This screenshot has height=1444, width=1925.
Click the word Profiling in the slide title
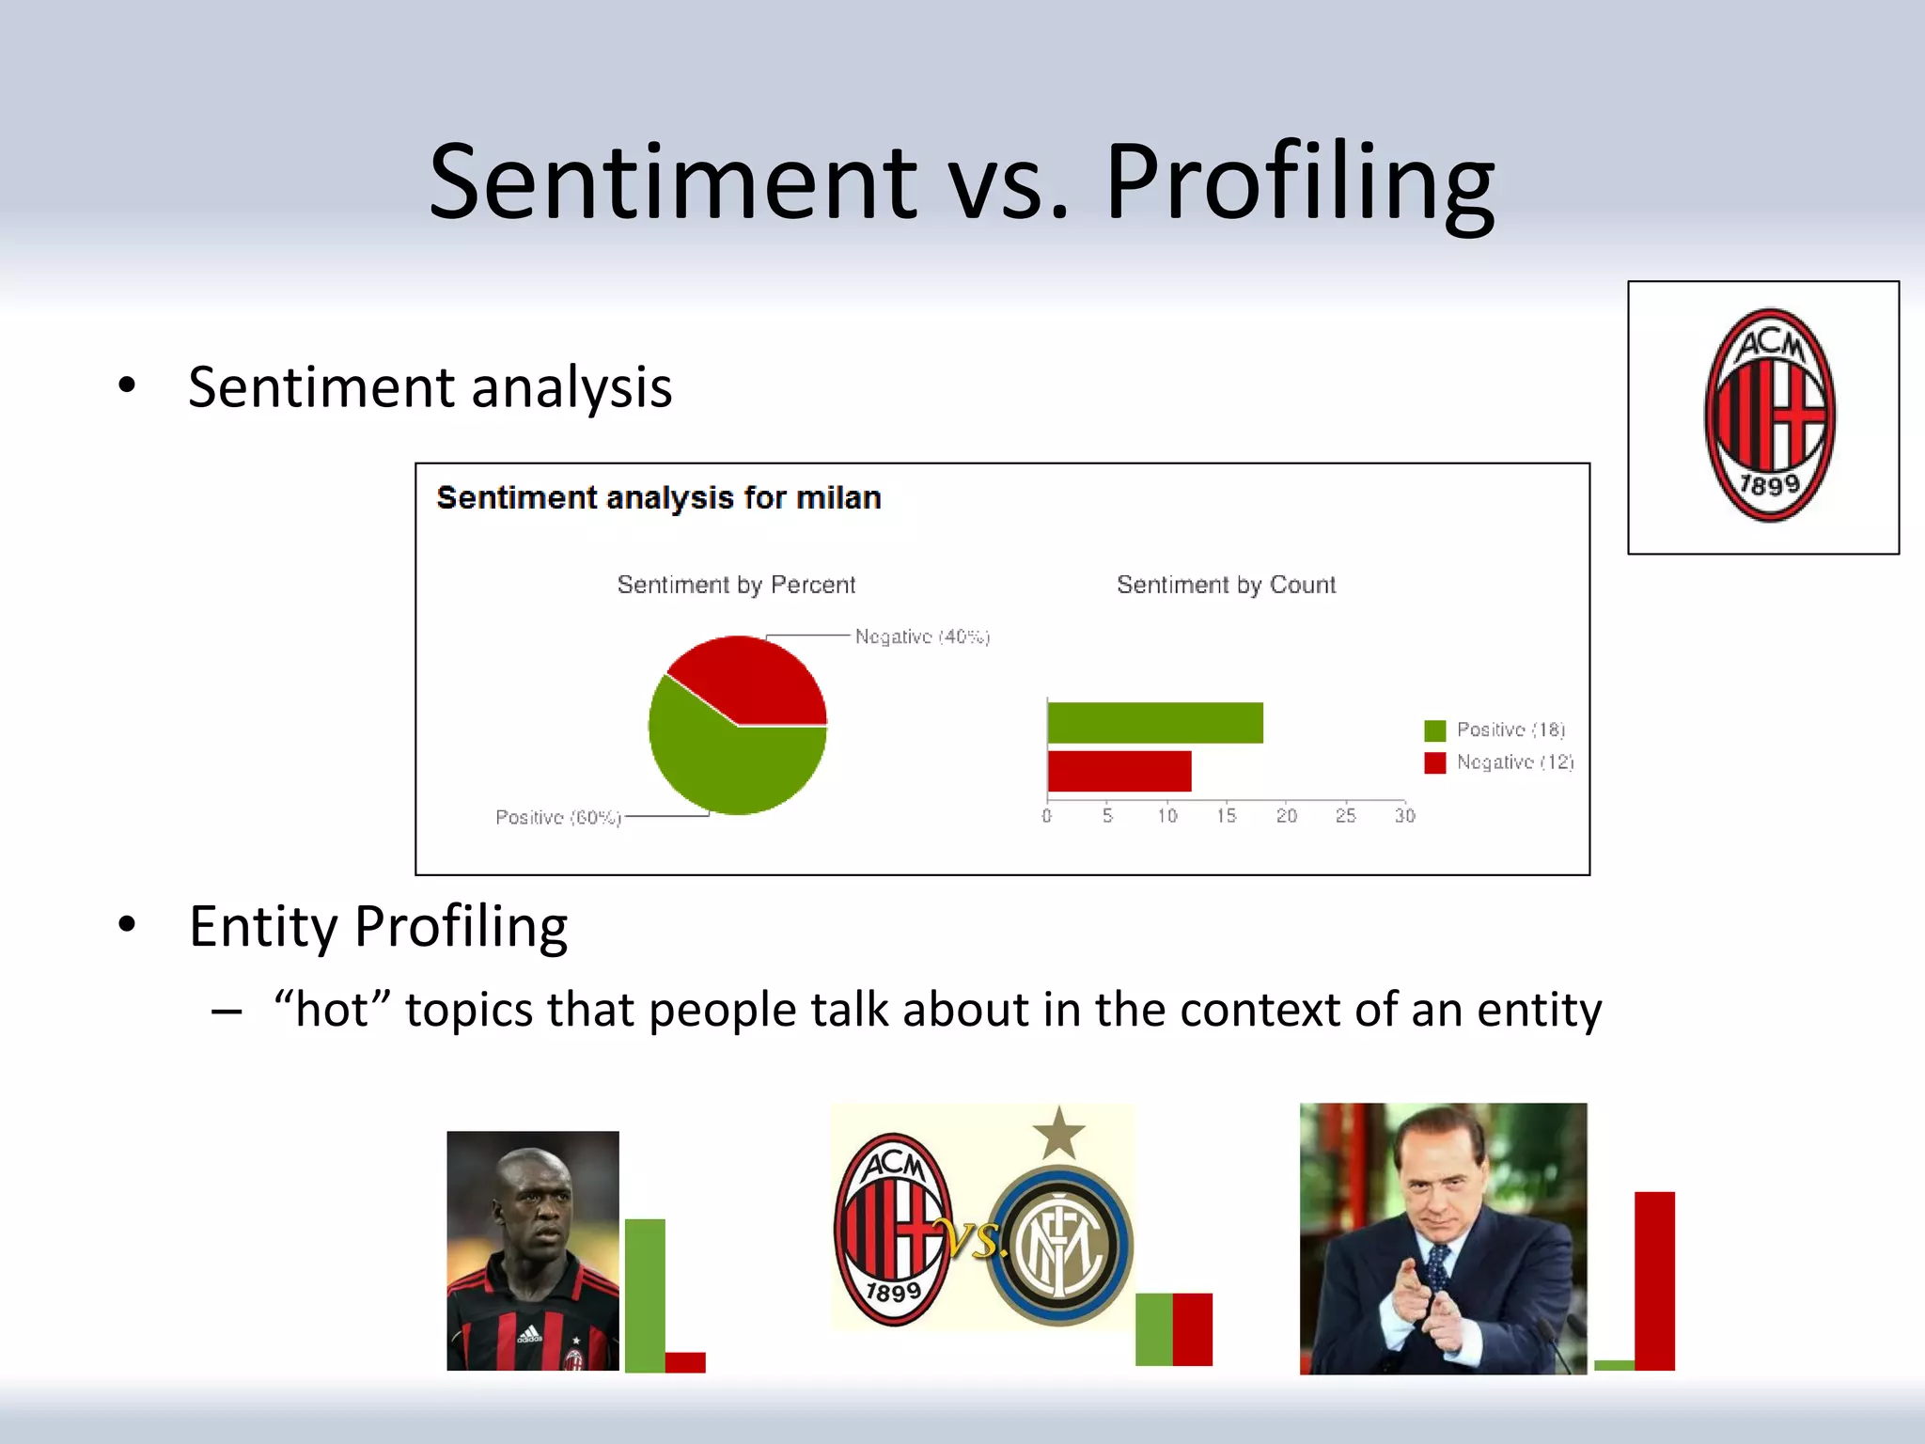pos(1299,183)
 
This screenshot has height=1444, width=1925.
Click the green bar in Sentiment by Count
pos(1154,723)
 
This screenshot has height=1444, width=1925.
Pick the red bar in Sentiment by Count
pos(1119,771)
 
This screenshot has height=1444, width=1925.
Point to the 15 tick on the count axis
pos(1226,815)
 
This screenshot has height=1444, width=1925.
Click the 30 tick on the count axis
pos(1404,815)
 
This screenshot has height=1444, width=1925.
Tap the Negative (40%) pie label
pos(922,637)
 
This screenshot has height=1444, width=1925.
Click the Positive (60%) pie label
pos(558,818)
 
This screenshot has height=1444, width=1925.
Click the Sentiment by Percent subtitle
pos(736,585)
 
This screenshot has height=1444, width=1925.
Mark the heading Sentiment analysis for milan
pos(658,497)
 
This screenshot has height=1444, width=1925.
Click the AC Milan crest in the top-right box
pos(1769,416)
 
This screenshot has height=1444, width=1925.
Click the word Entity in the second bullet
pos(262,927)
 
